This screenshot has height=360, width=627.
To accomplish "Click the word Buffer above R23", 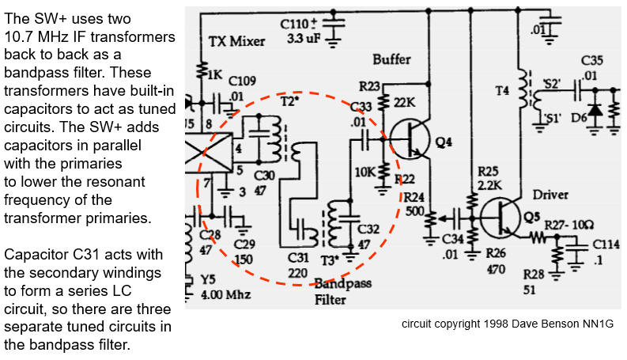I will point(393,59).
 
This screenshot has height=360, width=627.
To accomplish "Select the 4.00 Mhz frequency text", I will point(225,295).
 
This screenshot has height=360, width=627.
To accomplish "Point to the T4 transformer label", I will point(503,91).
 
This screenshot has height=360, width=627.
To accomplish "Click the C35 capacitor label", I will point(592,60).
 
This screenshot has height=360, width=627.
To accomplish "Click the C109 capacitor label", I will point(241,80).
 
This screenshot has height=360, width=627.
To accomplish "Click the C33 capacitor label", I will point(361,106).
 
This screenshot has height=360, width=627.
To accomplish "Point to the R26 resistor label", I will point(496,255).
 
